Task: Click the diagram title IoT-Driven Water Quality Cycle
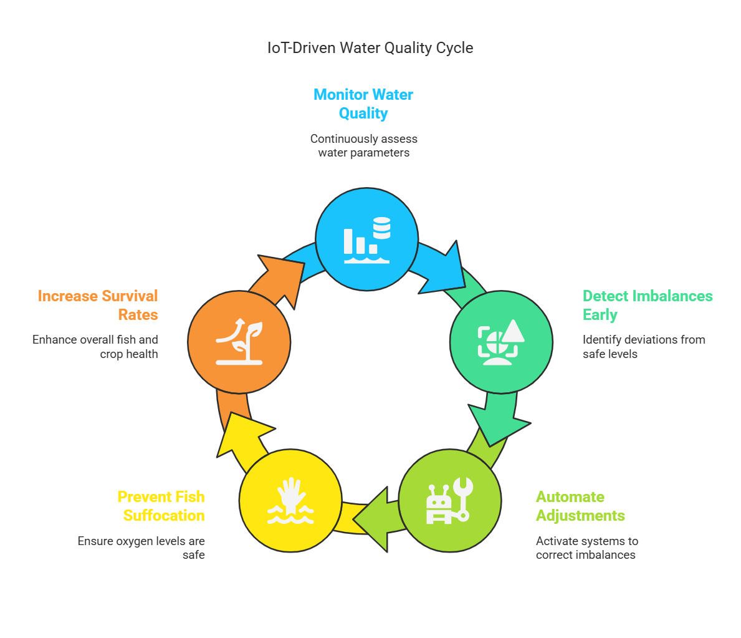370,48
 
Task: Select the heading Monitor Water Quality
363,104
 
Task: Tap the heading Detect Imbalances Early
648,305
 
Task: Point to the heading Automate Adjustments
580,506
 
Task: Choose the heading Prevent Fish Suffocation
161,506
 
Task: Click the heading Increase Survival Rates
98,305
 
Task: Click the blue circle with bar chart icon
366,239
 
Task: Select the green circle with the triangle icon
502,342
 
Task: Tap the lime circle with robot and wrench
450,500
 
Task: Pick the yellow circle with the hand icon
290,500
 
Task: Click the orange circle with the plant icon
239,342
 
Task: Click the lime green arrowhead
373,520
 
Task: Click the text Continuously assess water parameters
364,146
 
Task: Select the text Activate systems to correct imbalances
587,548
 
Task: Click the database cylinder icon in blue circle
382,228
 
